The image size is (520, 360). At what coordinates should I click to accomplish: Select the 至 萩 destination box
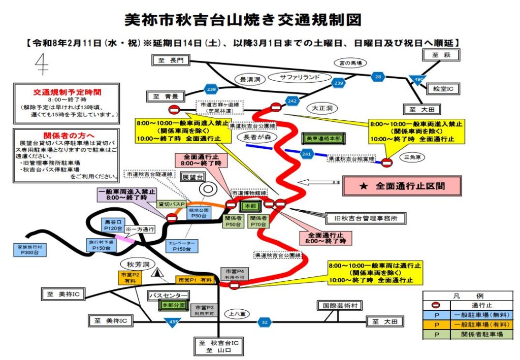tap(438, 54)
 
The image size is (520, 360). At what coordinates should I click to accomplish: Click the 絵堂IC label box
tap(443, 89)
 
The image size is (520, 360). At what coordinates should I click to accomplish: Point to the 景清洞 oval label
tap(250, 80)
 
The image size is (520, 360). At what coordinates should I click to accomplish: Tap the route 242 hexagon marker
tap(291, 101)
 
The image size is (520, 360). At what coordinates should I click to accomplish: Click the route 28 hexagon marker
tap(378, 77)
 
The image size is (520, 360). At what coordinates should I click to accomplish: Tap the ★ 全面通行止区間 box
tap(402, 186)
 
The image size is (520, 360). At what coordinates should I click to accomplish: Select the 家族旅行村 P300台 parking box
tap(29, 249)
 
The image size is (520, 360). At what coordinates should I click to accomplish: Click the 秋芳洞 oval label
tap(137, 264)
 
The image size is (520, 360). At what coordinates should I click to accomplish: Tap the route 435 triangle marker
tap(173, 322)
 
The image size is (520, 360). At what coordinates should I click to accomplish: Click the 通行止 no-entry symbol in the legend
tap(435, 306)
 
